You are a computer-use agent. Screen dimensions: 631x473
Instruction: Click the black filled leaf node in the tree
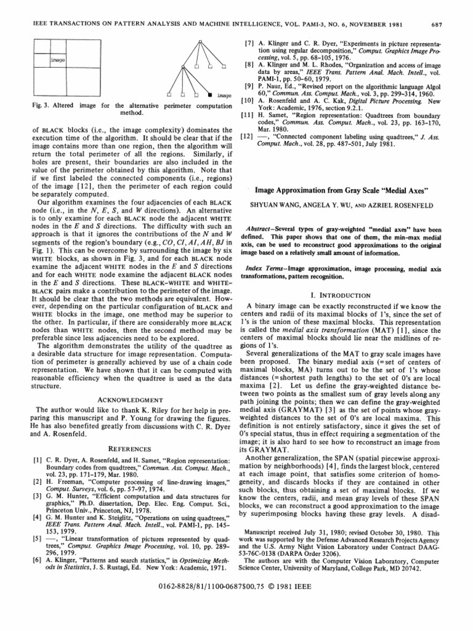pos(211,95)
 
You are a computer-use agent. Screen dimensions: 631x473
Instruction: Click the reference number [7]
pos(250,46)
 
